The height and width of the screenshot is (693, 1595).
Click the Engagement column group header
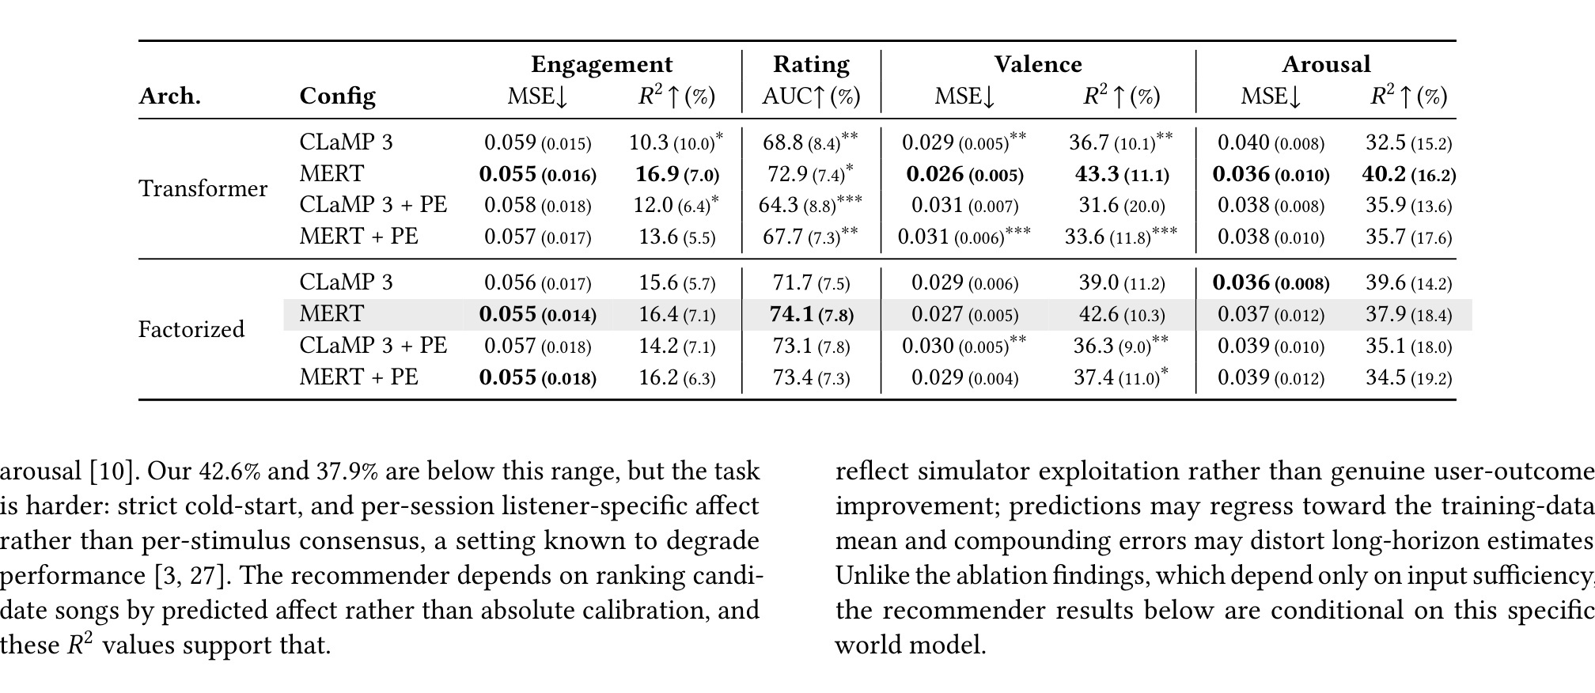[601, 65]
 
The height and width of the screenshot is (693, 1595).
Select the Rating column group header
[811, 64]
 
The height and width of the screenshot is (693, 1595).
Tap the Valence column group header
[1038, 64]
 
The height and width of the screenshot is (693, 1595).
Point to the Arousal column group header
[1326, 64]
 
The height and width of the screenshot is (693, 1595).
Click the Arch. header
[169, 96]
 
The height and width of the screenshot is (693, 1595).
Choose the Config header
[337, 97]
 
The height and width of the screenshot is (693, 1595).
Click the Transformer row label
[203, 189]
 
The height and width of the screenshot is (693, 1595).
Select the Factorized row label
[191, 329]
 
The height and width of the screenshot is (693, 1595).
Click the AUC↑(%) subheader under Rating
[811, 97]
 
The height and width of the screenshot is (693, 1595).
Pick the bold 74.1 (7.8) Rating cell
[812, 315]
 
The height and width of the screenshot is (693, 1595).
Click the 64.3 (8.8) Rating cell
[810, 204]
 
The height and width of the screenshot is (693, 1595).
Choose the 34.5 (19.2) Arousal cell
[1409, 377]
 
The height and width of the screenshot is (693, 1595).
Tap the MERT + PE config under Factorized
[358, 377]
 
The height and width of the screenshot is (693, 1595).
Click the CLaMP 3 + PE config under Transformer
[373, 204]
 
